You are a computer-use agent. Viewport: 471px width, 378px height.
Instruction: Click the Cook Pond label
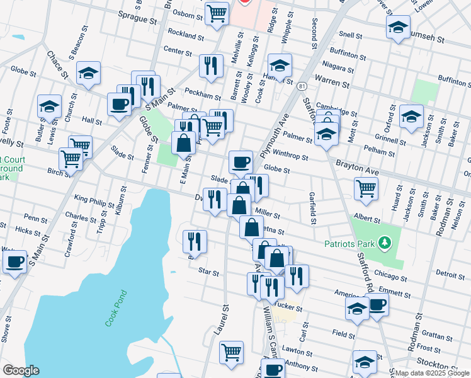tap(116, 308)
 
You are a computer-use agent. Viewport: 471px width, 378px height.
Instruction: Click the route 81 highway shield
tap(303, 86)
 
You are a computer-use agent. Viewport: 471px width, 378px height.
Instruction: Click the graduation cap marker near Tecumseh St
tap(398, 27)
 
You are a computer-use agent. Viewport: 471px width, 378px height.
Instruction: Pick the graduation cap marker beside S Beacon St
tap(89, 73)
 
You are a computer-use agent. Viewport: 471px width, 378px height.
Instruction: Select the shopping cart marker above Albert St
tap(366, 187)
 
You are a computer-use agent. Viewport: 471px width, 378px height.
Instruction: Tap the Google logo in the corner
tap(21, 370)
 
